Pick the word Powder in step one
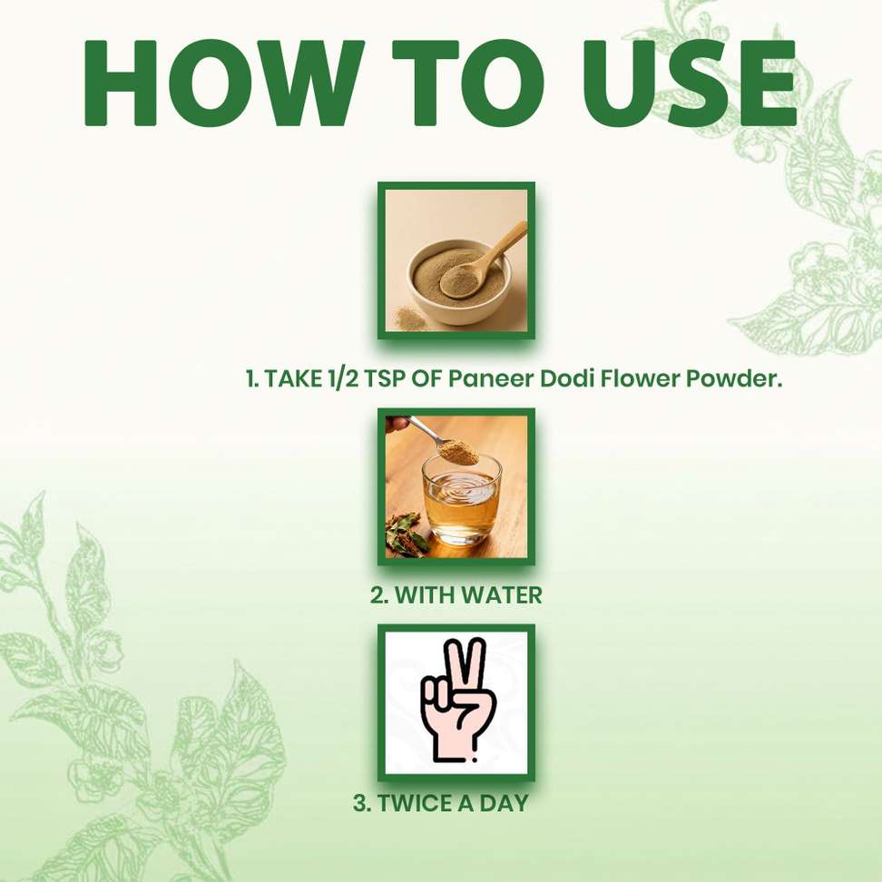(733, 379)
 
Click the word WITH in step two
(426, 596)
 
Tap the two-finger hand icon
(456, 701)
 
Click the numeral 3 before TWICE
(358, 803)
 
